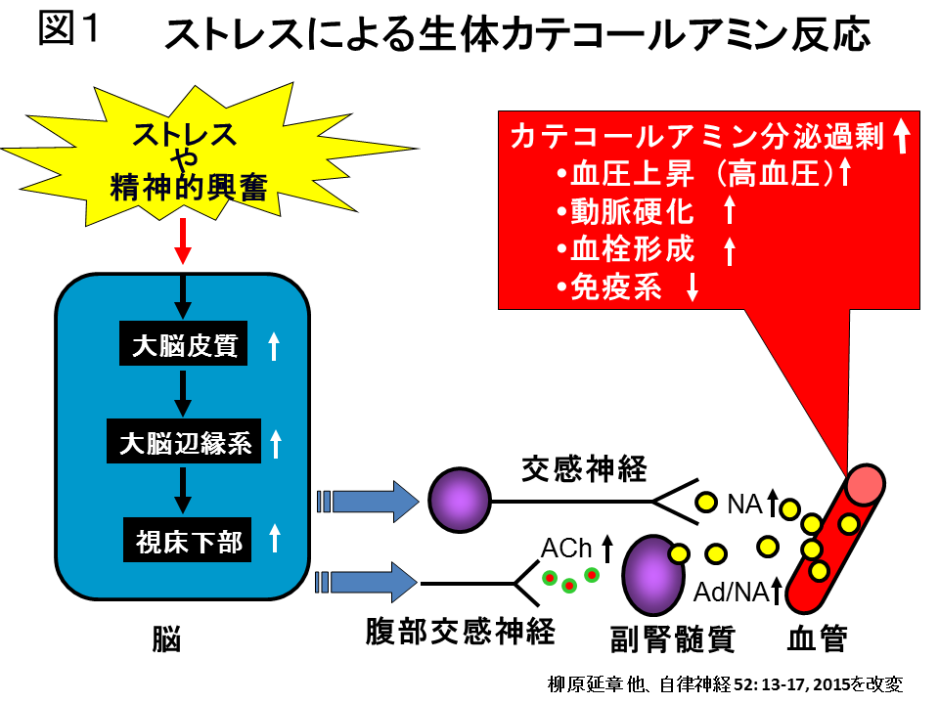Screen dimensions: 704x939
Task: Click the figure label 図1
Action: (x=70, y=30)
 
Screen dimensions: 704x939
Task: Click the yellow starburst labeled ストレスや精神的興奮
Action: (x=185, y=158)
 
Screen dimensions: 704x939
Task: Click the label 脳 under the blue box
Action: (x=167, y=639)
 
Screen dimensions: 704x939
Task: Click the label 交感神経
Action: (x=583, y=470)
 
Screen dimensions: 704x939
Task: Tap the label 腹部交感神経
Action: (x=461, y=632)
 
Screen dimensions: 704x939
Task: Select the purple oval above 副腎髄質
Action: (x=652, y=576)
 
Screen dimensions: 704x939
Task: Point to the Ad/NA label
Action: (x=730, y=592)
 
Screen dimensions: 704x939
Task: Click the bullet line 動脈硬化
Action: (x=634, y=212)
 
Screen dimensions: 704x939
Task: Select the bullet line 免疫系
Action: (x=617, y=287)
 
